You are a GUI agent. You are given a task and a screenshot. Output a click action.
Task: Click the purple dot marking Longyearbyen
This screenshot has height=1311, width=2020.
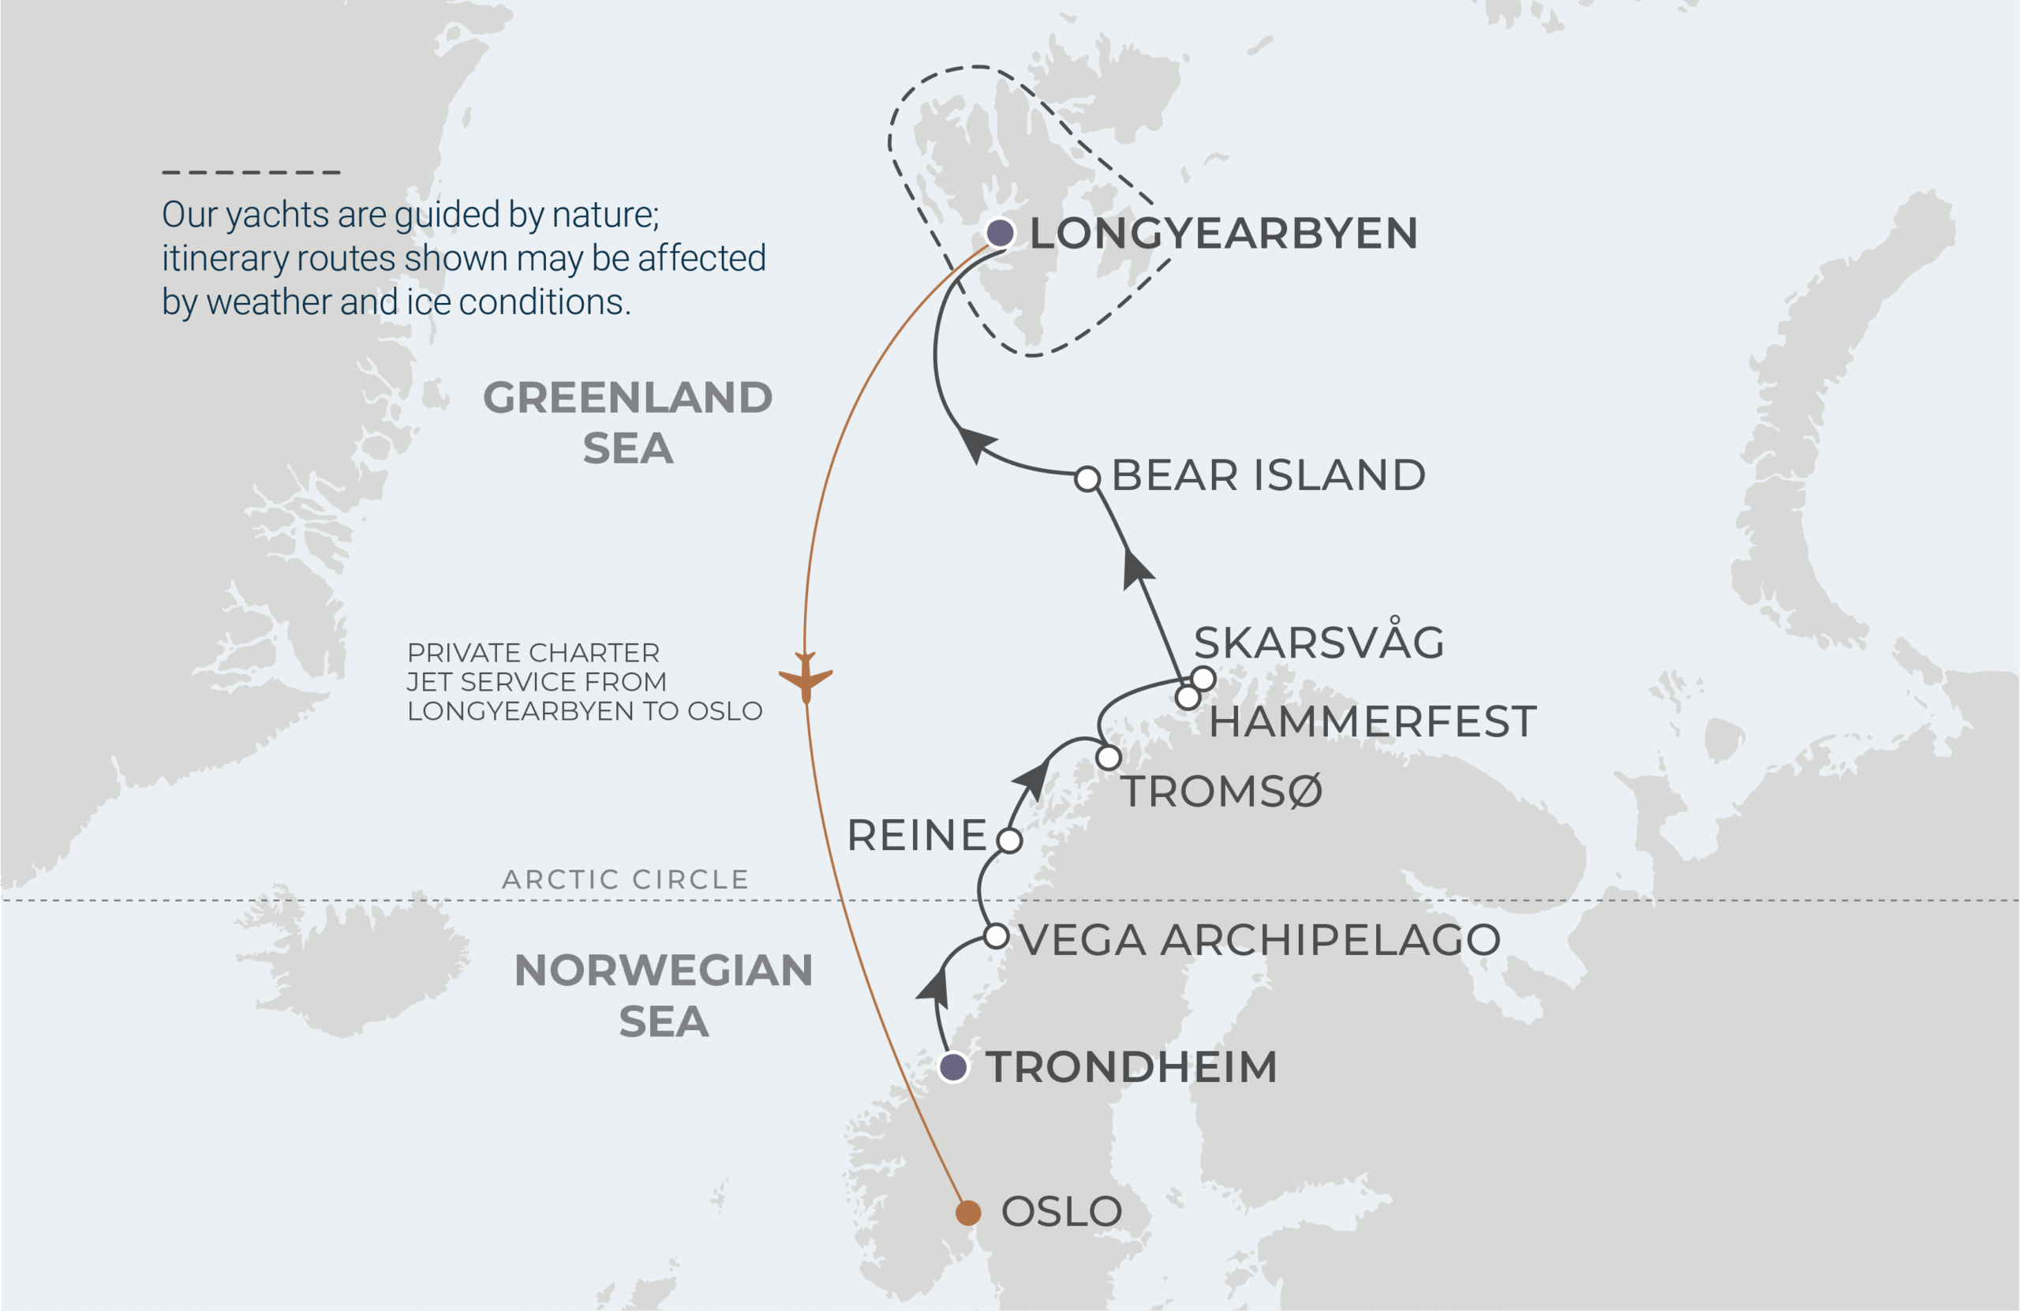click(1000, 232)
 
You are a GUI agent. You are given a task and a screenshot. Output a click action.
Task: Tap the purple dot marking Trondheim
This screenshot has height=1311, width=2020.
click(953, 1066)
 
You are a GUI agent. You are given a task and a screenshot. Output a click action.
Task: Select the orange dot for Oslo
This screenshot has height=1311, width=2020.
click(967, 1212)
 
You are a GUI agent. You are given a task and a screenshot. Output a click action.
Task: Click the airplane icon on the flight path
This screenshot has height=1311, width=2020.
click(806, 676)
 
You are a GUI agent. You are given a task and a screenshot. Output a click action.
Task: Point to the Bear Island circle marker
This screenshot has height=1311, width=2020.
click(1087, 479)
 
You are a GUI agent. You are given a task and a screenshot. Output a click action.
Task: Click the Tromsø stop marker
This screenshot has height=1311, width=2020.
click(1109, 757)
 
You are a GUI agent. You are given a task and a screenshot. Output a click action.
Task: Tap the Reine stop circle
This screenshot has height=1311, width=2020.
click(1009, 841)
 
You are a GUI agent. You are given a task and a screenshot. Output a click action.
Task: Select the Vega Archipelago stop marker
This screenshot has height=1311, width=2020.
click(997, 937)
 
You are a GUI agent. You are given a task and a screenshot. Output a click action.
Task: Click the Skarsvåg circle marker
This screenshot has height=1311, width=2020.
click(1203, 679)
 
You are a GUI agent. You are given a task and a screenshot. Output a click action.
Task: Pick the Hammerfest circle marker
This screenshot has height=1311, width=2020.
click(1188, 698)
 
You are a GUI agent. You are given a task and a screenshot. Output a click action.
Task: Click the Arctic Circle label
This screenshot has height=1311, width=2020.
click(626, 880)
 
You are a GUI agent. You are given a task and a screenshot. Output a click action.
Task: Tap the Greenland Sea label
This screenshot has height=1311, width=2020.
click(628, 422)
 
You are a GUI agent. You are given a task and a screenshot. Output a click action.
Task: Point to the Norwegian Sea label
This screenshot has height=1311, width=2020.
click(663, 995)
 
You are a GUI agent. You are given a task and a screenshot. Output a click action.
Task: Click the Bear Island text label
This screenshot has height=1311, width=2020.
click(1268, 475)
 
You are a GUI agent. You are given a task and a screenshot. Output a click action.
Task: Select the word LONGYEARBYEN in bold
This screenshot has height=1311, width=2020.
click(1223, 234)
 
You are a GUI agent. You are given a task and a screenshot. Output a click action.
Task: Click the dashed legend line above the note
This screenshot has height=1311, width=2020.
click(251, 172)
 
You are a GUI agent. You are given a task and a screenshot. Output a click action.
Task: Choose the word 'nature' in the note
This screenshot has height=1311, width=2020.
click(604, 215)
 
